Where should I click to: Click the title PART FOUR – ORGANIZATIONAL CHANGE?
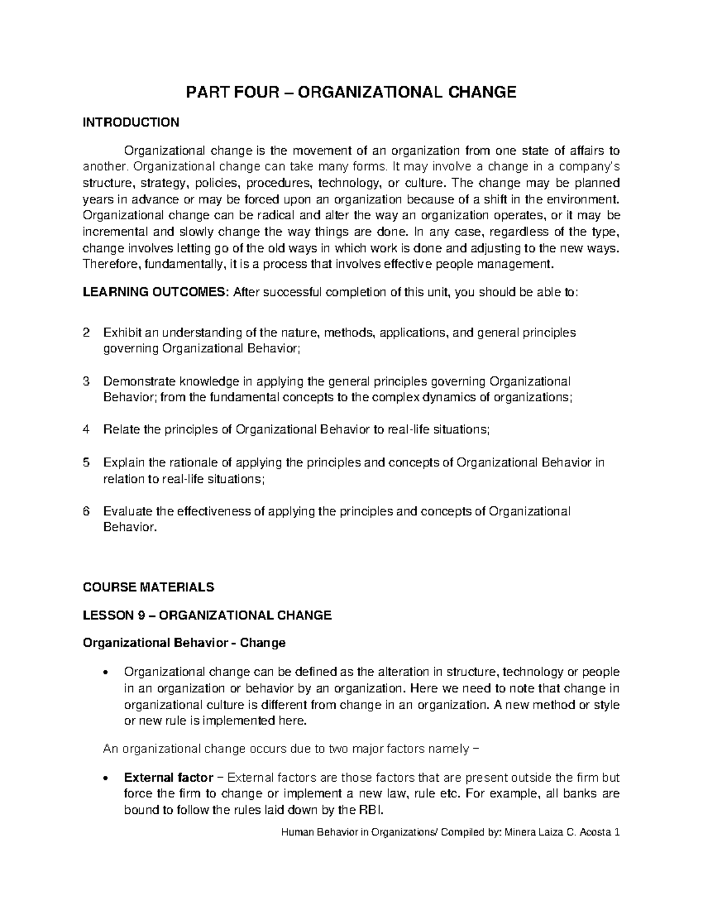pos(351,92)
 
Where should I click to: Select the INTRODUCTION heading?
pos(131,122)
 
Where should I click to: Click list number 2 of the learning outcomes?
pos(87,333)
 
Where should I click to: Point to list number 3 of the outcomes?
pos(87,381)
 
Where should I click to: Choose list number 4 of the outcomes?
pos(87,430)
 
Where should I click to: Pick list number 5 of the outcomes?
pos(87,462)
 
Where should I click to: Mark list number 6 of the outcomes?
pos(87,511)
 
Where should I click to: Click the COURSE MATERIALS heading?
pos(148,587)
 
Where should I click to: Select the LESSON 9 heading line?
pos(207,615)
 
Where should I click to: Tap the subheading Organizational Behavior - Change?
pos(184,643)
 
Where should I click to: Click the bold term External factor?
pos(168,778)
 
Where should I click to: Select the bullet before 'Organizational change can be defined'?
pos(105,673)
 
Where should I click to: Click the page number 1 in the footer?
pos(617,832)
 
